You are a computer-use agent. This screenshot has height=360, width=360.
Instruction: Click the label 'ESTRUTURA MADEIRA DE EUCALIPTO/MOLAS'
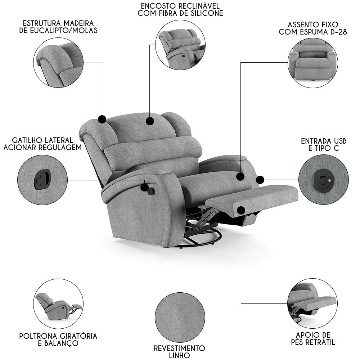58,26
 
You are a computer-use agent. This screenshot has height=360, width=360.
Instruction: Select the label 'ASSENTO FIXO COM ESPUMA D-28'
312,28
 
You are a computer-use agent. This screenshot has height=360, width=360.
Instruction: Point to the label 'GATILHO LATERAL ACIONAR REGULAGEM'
42,143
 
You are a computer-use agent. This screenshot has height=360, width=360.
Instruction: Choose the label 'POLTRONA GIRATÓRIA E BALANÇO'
58,339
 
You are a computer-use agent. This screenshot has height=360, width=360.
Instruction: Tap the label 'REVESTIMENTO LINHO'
179,352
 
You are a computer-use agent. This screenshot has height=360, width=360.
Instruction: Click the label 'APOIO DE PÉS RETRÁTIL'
312,339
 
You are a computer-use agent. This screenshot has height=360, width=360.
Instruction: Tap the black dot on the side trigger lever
145,187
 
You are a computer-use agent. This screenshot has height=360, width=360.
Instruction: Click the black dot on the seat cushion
240,176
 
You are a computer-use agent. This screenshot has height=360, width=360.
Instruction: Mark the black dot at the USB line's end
260,179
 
